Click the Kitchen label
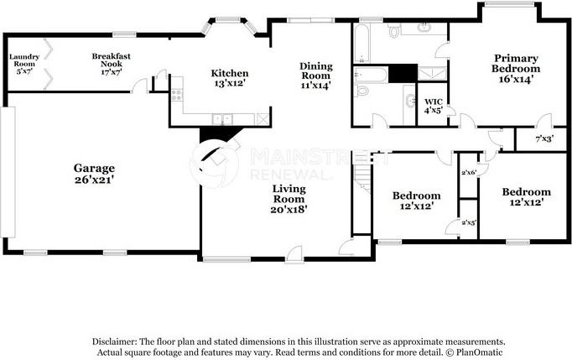(229, 73)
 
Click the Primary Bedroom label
(514, 63)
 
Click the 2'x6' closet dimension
(468, 173)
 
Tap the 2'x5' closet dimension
(468, 223)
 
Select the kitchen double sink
(221, 120)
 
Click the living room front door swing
(294, 252)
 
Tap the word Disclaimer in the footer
(117, 342)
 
